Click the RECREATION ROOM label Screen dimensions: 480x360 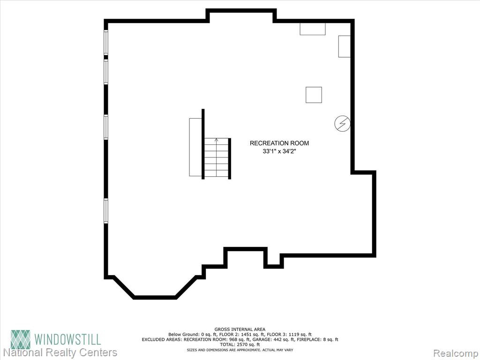click(x=279, y=143)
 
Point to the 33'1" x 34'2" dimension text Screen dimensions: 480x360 click(x=279, y=151)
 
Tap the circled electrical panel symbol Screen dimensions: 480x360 click(x=342, y=124)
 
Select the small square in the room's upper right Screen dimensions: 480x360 click(x=314, y=95)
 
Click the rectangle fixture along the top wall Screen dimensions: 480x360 click(x=313, y=29)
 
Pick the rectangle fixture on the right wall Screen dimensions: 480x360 click(x=345, y=46)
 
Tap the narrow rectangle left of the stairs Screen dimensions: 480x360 click(x=195, y=147)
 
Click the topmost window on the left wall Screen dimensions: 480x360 click(x=106, y=43)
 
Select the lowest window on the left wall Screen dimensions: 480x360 click(x=106, y=211)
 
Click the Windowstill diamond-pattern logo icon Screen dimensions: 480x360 click(x=21, y=339)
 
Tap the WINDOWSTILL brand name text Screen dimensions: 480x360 click(x=67, y=339)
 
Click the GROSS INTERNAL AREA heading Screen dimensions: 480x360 click(x=240, y=330)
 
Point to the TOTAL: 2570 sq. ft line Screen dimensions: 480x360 click(x=240, y=345)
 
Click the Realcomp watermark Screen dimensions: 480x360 click(x=456, y=353)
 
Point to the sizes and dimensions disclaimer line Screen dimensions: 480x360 click(x=240, y=350)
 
